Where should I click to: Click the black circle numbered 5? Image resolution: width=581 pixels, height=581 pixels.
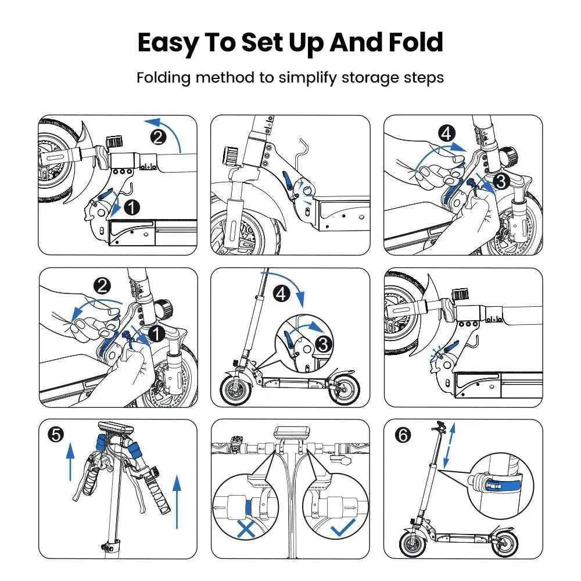click(55, 435)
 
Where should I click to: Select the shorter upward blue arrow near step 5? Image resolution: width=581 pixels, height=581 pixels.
click(71, 461)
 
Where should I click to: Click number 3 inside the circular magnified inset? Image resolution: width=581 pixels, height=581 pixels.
click(322, 343)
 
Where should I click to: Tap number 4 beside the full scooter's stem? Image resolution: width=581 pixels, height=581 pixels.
click(281, 295)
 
